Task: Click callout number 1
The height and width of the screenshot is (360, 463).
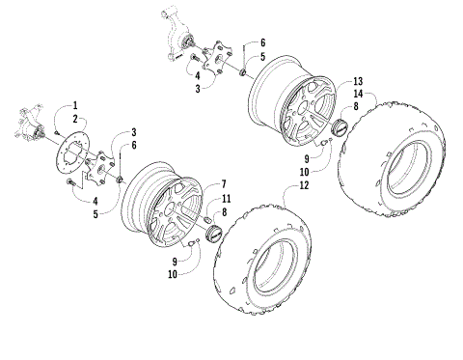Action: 74,104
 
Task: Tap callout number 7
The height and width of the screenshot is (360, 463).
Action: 225,182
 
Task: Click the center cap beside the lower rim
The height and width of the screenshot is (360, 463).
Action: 209,232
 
